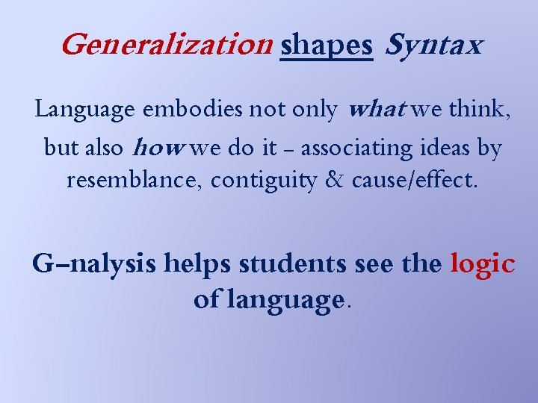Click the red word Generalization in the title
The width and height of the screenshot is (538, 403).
point(165,46)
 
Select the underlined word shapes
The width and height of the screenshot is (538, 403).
point(326,46)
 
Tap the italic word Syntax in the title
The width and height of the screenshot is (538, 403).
point(433,46)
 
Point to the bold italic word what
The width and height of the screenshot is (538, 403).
point(377,110)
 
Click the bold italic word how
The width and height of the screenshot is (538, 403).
point(157,148)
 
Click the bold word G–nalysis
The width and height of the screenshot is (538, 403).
point(94,264)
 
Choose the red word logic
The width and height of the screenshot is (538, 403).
point(482,264)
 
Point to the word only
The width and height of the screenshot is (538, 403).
point(316,110)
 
